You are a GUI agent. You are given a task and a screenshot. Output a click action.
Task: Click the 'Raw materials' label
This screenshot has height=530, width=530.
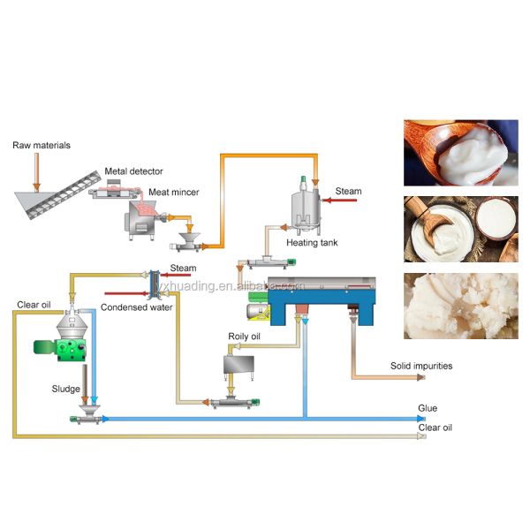42,145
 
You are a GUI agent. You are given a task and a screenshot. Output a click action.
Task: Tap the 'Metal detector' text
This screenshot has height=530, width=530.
134,171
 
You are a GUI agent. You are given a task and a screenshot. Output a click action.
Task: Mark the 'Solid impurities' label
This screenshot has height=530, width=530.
422,365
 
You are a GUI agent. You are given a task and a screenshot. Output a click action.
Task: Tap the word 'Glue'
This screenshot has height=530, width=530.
428,409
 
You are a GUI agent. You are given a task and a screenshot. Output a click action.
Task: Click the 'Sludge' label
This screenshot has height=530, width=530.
64,389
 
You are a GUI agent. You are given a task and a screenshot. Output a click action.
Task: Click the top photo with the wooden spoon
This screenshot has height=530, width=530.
459,153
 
